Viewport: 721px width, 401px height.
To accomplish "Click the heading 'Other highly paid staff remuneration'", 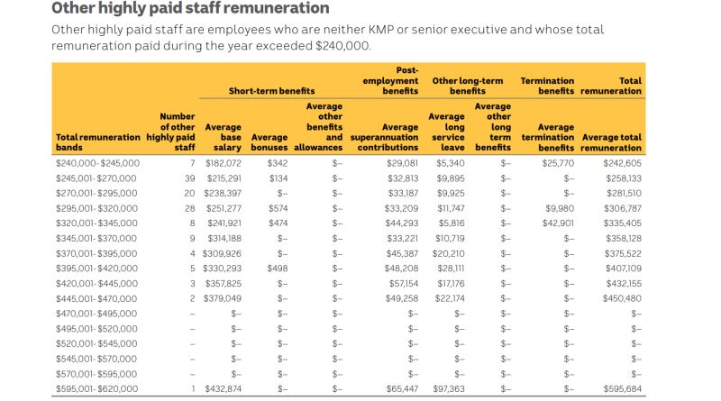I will click(190, 9).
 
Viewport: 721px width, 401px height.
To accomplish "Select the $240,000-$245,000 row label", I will click(97, 163).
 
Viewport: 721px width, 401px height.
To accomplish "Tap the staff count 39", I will click(189, 178).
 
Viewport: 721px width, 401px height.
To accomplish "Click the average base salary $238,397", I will click(224, 194).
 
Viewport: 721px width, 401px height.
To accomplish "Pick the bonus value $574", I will click(277, 209).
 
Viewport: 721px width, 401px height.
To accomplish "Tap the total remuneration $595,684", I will click(623, 389).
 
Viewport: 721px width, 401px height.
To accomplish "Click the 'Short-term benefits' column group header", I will click(271, 91).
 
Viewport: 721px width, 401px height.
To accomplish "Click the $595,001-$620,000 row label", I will click(97, 389).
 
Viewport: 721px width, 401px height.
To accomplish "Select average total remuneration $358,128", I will click(623, 239).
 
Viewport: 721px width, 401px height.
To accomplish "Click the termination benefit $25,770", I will click(555, 163).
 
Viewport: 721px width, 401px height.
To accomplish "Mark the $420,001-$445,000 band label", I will click(97, 284).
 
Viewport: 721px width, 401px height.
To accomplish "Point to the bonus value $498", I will click(277, 269).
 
